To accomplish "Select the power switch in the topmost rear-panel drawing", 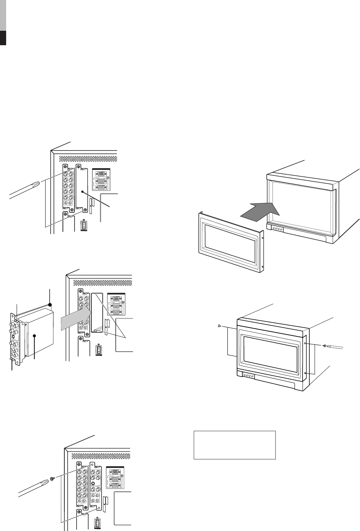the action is pyautogui.click(x=83, y=226).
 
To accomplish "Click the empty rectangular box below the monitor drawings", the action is pyautogui.click(x=235, y=445).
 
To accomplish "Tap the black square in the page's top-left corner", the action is pyautogui.click(x=3, y=38).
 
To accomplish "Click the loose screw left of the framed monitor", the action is pyautogui.click(x=220, y=326).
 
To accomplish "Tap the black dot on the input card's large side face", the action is pyautogui.click(x=35, y=335).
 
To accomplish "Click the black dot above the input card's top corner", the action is pyautogui.click(x=50, y=305).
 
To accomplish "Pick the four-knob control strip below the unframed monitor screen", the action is pyautogui.click(x=278, y=228).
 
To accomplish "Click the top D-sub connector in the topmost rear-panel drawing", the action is pyautogui.click(x=102, y=173).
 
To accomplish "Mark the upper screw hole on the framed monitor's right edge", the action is pyautogui.click(x=306, y=343).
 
